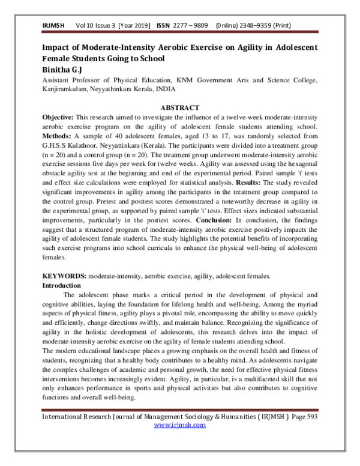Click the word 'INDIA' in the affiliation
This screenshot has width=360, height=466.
pyautogui.click(x=164, y=88)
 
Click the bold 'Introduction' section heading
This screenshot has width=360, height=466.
pyautogui.click(x=61, y=285)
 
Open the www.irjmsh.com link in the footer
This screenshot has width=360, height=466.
pyautogui.click(x=180, y=425)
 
